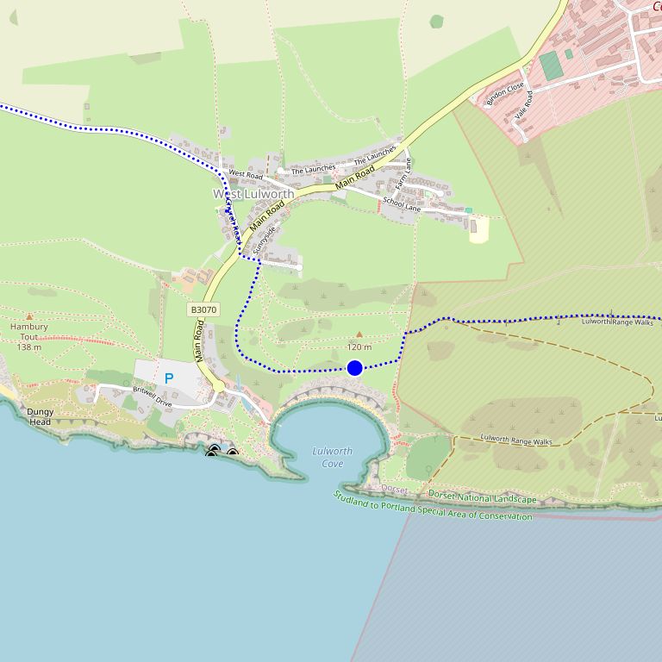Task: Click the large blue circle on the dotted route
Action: pyautogui.click(x=354, y=368)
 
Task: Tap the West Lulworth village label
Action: pyautogui.click(x=253, y=194)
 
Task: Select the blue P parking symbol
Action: pyautogui.click(x=169, y=378)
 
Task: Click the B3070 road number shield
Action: pyautogui.click(x=203, y=309)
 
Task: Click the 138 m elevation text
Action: pyautogui.click(x=29, y=347)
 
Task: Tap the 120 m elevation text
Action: pyautogui.click(x=359, y=347)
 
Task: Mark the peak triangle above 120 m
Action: pyautogui.click(x=359, y=334)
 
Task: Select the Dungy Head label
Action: pyautogui.click(x=40, y=416)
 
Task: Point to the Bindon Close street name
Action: pyautogui.click(x=504, y=94)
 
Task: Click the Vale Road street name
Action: pyautogui.click(x=524, y=105)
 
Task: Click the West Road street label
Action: pyautogui.click(x=246, y=174)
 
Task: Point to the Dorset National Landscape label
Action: pyautogui.click(x=482, y=497)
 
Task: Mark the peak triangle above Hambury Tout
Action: pyautogui.click(x=29, y=316)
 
